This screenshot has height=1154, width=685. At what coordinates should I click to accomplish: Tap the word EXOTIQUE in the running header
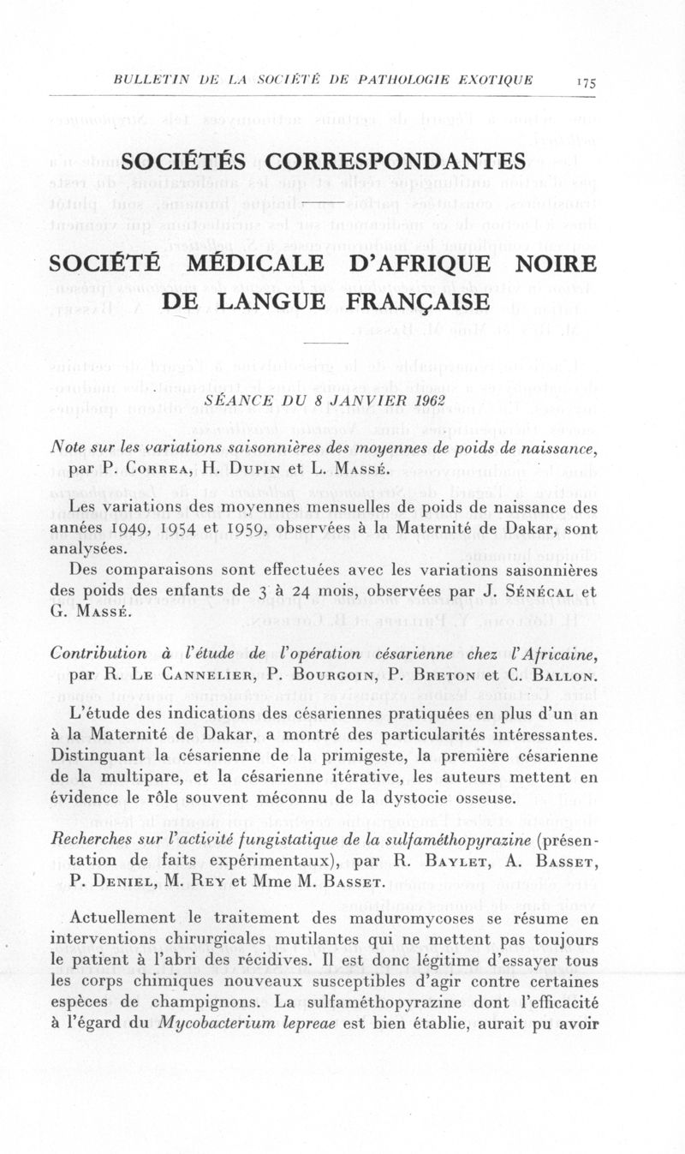click(x=495, y=80)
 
